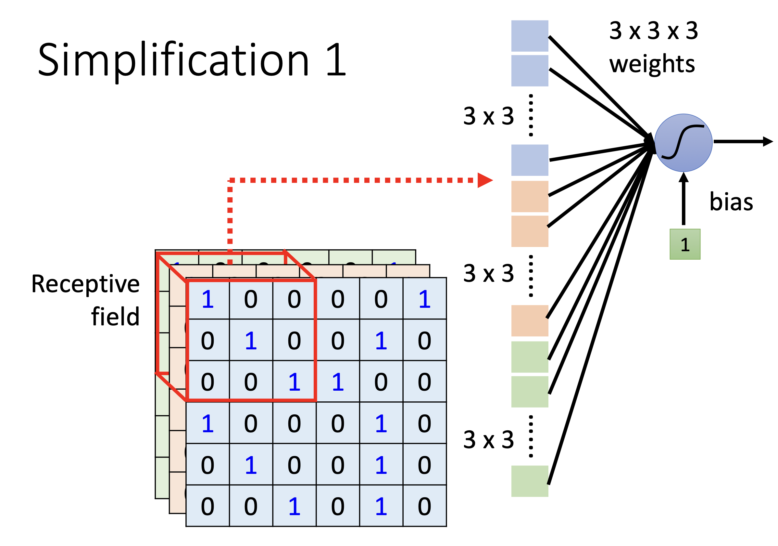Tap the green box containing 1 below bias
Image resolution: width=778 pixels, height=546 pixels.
[685, 244]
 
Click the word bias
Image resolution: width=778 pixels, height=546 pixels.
[731, 202]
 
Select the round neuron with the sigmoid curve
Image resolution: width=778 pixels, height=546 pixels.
[683, 143]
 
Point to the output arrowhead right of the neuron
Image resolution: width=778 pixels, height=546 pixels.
[768, 141]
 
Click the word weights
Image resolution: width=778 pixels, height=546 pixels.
[652, 64]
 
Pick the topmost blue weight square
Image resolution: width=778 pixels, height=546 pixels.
[530, 36]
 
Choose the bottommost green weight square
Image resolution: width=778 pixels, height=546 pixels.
[530, 481]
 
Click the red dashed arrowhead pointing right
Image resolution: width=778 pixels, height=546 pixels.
[484, 180]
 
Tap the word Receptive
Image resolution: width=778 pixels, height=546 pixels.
[85, 284]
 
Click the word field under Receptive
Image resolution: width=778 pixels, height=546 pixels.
[115, 317]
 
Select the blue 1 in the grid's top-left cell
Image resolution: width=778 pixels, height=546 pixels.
[208, 299]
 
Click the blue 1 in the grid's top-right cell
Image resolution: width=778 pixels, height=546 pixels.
[425, 299]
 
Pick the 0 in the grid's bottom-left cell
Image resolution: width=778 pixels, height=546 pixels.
[208, 506]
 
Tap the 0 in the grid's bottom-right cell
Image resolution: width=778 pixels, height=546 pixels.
[425, 506]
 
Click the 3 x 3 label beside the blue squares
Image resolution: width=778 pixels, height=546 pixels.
[488, 116]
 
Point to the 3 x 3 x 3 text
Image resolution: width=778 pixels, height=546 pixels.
[654, 31]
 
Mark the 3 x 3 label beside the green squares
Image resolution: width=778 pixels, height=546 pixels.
[488, 440]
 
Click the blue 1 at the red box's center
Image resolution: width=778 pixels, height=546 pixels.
[251, 341]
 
